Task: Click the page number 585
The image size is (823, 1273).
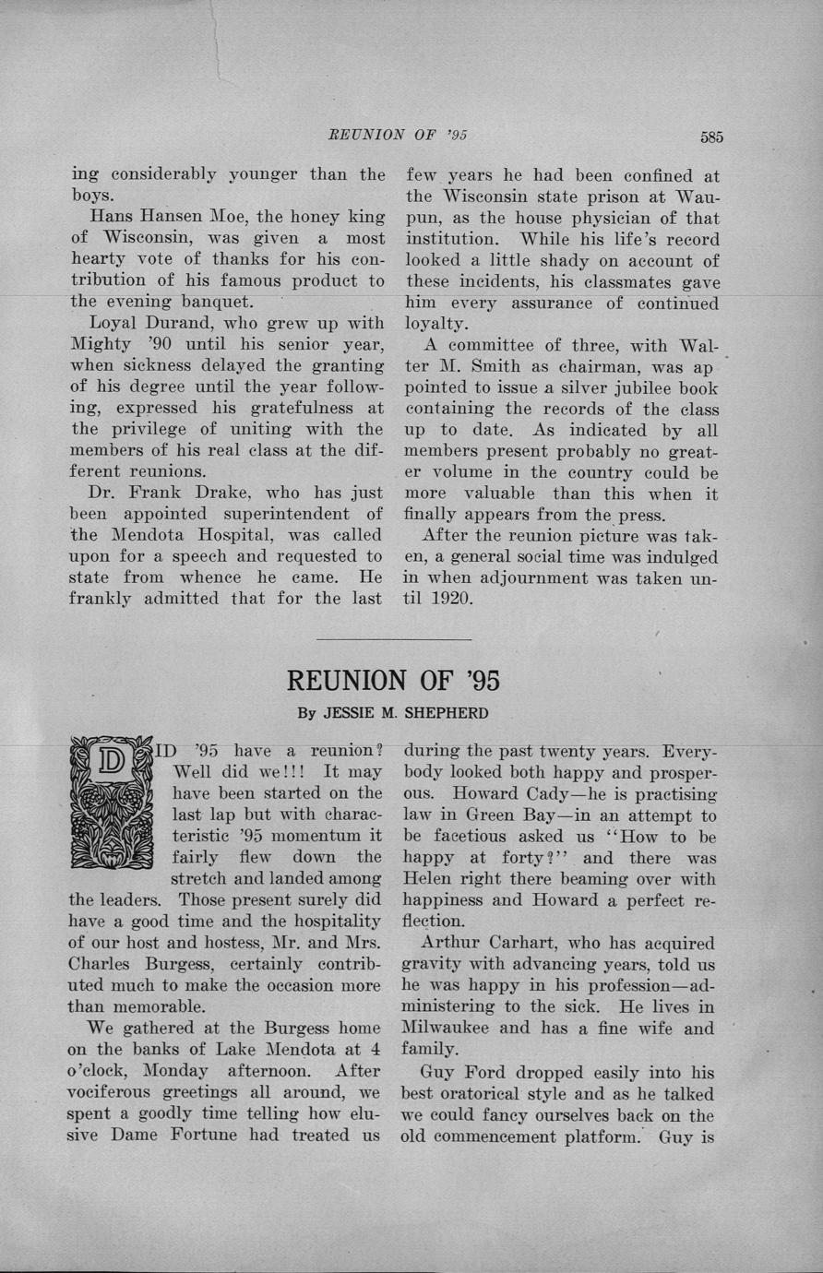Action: coord(710,137)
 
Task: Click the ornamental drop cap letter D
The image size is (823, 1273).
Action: coord(111,801)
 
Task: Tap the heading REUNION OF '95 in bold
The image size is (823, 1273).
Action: coord(394,680)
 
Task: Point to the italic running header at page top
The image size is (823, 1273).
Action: coord(398,135)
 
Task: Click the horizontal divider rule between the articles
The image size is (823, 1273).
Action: coord(394,638)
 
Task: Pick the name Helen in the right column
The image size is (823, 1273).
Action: coord(430,878)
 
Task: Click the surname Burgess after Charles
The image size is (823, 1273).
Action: coord(189,964)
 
